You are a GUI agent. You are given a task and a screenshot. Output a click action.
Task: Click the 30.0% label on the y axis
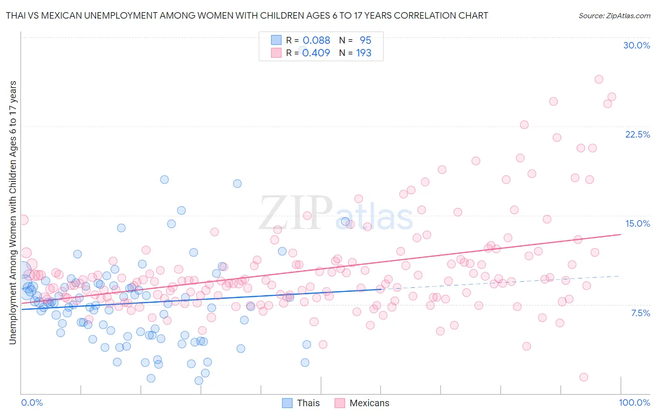[636, 45]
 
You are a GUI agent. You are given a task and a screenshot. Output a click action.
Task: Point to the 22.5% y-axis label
[637, 134]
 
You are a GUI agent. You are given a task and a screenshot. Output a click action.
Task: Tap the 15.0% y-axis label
[637, 223]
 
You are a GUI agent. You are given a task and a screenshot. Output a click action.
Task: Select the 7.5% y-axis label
[640, 313]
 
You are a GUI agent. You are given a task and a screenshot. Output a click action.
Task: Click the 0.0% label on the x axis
[32, 402]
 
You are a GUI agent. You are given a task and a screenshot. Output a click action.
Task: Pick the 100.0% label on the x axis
[634, 402]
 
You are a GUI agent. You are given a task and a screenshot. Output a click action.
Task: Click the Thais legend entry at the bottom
[301, 403]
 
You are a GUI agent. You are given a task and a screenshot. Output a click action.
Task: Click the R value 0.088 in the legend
[316, 40]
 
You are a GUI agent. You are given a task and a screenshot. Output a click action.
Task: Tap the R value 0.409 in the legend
[316, 53]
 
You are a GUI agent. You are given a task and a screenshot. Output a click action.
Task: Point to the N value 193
[364, 53]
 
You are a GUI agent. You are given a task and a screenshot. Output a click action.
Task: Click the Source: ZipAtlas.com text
[614, 15]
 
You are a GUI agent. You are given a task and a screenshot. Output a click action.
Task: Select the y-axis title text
[13, 213]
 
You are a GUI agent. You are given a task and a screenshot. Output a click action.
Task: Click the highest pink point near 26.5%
[599, 79]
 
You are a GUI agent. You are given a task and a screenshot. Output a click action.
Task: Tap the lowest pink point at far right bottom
[583, 377]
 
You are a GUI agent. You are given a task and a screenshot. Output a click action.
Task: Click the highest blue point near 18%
[164, 180]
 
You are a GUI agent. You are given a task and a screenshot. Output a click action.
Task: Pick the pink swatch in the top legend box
[276, 53]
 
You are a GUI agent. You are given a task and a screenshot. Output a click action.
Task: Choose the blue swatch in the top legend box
[276, 40]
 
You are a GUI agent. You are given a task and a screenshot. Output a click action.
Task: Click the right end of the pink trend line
[621, 235]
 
